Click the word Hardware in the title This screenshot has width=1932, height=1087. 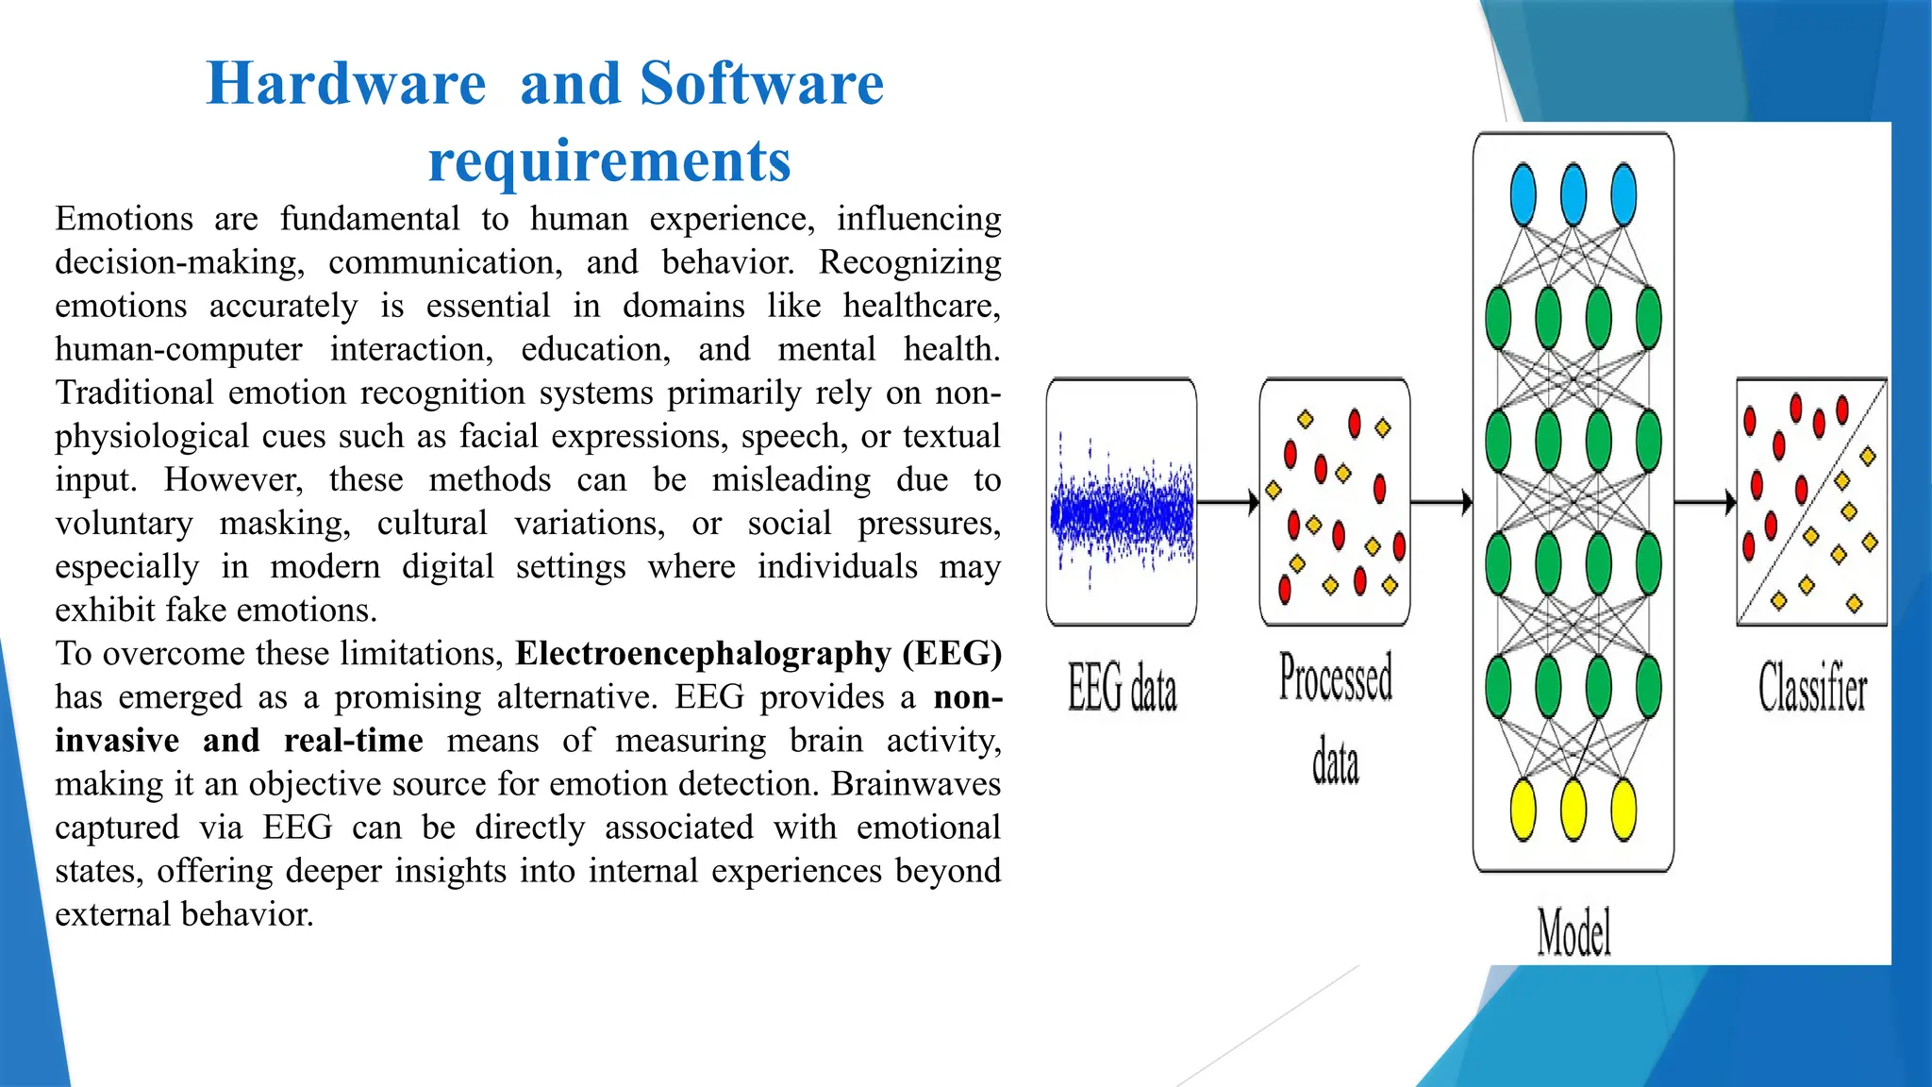[x=345, y=83]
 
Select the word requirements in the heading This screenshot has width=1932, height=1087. [x=608, y=160]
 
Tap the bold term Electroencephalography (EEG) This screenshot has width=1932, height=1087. [x=758, y=653]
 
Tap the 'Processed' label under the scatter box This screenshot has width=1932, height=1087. [x=1335, y=677]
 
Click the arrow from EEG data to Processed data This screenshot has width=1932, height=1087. [x=1227, y=502]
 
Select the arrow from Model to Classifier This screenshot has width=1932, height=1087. [x=1705, y=502]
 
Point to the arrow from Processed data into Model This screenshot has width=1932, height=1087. [x=1441, y=502]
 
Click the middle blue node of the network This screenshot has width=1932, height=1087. [x=1573, y=195]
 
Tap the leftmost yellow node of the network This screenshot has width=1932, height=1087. [x=1523, y=810]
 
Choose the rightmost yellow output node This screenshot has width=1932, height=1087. [x=1624, y=810]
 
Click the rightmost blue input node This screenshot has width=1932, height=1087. [x=1624, y=195]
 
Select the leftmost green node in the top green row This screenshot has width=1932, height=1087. [x=1498, y=319]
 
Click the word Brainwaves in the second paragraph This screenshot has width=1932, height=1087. [x=916, y=783]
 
